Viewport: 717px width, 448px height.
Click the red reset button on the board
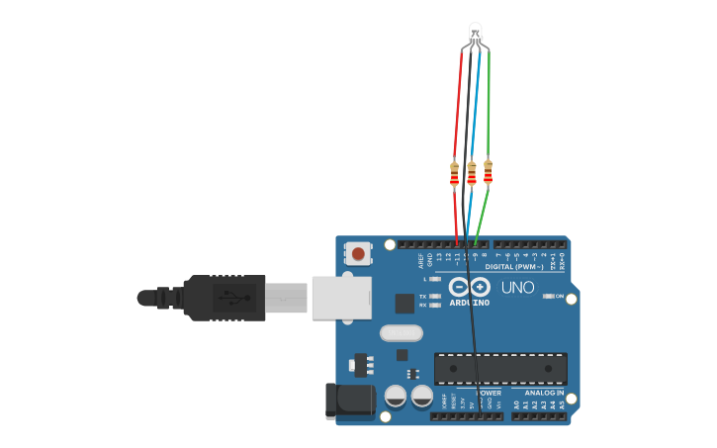pyautogui.click(x=357, y=254)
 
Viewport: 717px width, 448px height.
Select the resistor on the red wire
pyautogui.click(x=454, y=174)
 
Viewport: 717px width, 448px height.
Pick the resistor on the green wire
pyautogui.click(x=488, y=172)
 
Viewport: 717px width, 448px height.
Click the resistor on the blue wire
pyautogui.click(x=472, y=174)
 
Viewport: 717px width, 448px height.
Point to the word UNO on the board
pyautogui.click(x=517, y=288)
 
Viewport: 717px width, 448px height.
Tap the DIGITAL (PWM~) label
pyautogui.click(x=511, y=267)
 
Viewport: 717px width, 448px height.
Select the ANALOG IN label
pyautogui.click(x=543, y=393)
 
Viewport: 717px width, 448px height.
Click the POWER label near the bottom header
pyautogui.click(x=489, y=393)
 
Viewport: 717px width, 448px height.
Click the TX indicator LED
pyautogui.click(x=434, y=297)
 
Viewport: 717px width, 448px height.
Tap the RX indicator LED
pyautogui.click(x=434, y=306)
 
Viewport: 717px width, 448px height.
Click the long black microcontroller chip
pyautogui.click(x=500, y=368)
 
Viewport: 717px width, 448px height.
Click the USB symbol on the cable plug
pyautogui.click(x=234, y=297)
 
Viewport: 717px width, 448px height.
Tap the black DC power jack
pyautogui.click(x=348, y=401)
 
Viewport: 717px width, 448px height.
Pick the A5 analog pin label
pyautogui.click(x=562, y=405)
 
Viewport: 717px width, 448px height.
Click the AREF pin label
pyautogui.click(x=421, y=261)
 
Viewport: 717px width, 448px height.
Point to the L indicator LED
pyautogui.click(x=434, y=280)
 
